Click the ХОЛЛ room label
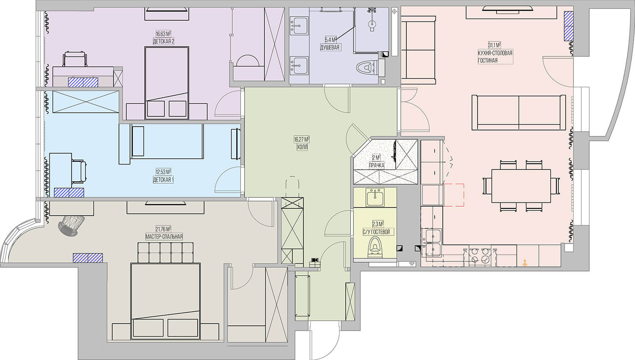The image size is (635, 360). [x=301, y=147]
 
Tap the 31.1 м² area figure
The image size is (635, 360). [x=494, y=45]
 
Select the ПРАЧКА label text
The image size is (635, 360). [x=377, y=165]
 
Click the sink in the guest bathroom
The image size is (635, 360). [x=375, y=197]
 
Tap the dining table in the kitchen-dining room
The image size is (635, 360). [x=521, y=186]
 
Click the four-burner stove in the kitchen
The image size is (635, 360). [x=480, y=258]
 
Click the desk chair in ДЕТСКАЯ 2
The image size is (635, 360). [x=75, y=59]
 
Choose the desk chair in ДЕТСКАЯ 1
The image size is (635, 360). [x=79, y=172]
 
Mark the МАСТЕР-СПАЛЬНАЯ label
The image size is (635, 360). [x=164, y=237]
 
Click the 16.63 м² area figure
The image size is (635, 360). [x=163, y=34]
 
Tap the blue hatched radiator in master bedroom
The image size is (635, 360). [x=88, y=258]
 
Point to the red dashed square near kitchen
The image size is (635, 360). [x=454, y=194]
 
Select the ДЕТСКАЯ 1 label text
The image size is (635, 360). [x=163, y=180]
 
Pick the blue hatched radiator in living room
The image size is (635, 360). [x=569, y=26]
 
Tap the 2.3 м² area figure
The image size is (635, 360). [x=378, y=224]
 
